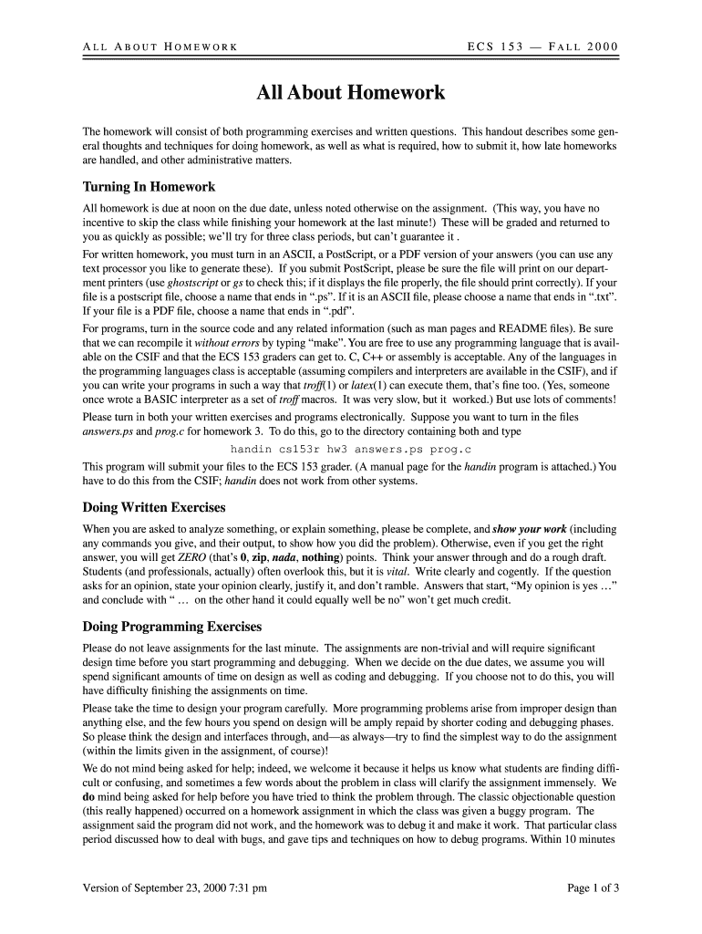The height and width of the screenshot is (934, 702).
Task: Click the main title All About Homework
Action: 351,93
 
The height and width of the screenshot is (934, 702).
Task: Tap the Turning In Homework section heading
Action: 149,187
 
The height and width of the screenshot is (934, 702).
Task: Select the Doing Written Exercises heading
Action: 154,507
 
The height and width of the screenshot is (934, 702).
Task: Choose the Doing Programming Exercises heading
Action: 172,627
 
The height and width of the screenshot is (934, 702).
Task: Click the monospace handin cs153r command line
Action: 350,450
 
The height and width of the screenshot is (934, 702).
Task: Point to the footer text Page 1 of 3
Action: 593,887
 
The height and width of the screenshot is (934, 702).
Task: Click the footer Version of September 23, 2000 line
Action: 175,887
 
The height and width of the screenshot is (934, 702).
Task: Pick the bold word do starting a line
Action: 88,795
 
